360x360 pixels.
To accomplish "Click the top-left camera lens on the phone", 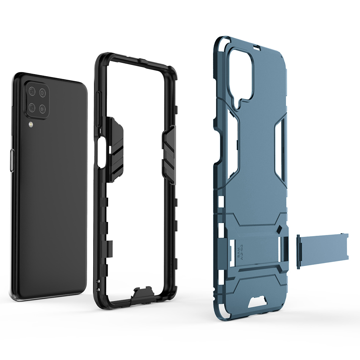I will [x=31, y=91].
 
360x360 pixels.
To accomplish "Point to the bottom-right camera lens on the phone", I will [x=42, y=109].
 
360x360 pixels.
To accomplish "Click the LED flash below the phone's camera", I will [x=30, y=124].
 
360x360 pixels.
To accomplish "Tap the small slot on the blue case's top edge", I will [x=255, y=47].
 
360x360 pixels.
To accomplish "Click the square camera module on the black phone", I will [x=37, y=100].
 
